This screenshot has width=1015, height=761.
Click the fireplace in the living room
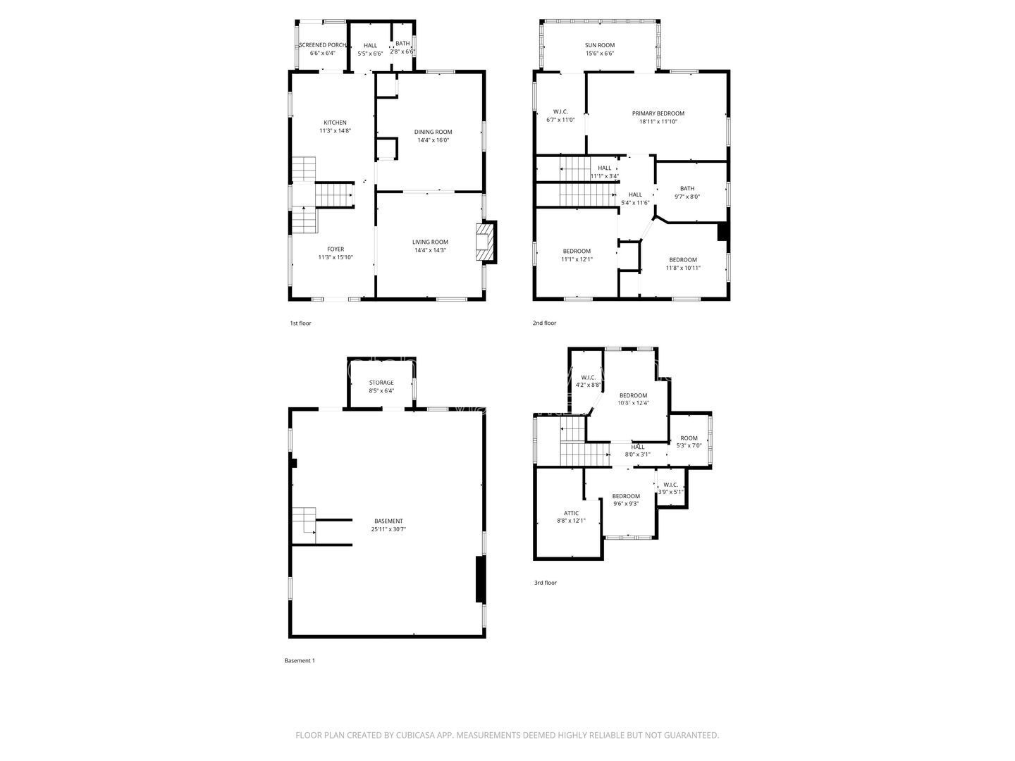coord(486,242)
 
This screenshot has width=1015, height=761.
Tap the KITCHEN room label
coord(335,123)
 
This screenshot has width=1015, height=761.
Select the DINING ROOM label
coord(433,132)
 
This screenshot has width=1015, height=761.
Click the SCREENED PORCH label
coord(322,45)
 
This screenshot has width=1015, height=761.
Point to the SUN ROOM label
coord(599,45)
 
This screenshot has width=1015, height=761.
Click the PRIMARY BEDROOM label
coord(658,113)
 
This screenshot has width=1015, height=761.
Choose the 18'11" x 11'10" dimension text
coord(658,121)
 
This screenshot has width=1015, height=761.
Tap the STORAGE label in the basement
coord(381,382)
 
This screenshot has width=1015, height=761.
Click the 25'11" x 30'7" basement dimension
coord(388,529)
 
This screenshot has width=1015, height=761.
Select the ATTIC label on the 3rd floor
coord(571,513)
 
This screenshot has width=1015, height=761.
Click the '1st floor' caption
coord(300,323)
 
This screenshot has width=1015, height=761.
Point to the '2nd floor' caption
coord(544,323)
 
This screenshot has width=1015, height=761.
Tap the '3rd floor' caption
coord(545,583)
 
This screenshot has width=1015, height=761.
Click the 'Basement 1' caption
coord(300,660)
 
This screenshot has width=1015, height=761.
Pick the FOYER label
coord(336,249)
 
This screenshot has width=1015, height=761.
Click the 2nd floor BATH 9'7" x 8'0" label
coord(687,192)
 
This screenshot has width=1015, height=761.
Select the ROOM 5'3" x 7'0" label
coord(689,442)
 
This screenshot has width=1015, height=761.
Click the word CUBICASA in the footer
coord(415,735)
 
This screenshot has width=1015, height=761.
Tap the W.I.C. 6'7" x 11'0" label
coord(560,116)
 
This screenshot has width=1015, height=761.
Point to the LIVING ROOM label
coord(430,242)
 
